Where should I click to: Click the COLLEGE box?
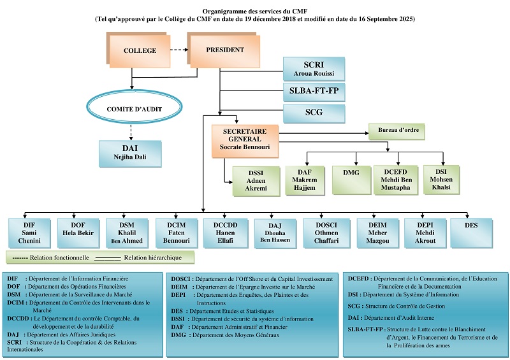(x=139, y=50)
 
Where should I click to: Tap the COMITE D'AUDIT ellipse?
(x=135, y=108)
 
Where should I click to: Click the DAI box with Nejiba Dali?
(x=130, y=154)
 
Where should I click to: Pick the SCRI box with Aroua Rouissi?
(x=314, y=69)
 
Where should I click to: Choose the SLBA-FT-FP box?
(x=314, y=92)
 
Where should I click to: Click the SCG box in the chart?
(x=314, y=113)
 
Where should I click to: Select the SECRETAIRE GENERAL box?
(x=245, y=141)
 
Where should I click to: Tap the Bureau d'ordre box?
(x=397, y=131)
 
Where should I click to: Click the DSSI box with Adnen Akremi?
(x=256, y=181)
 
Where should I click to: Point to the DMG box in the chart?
(x=352, y=180)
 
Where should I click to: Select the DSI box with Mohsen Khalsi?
(x=441, y=180)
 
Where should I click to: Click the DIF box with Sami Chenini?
(x=29, y=233)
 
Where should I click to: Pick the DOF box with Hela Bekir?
(x=78, y=233)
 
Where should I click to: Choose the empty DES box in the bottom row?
(x=471, y=233)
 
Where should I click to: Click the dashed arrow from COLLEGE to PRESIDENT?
(x=179, y=50)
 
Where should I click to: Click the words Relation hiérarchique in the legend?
(x=152, y=257)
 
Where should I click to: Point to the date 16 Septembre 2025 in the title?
(x=386, y=19)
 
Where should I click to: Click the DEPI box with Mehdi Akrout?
(x=425, y=233)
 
